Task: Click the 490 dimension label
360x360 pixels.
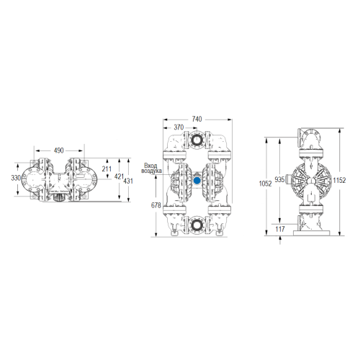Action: (x=58, y=150)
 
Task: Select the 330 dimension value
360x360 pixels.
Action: (x=16, y=178)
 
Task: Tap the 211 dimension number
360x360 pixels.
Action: (x=107, y=169)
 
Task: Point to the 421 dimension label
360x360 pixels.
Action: (x=119, y=176)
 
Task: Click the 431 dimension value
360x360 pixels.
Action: (x=128, y=181)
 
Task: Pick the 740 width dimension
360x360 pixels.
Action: (x=197, y=119)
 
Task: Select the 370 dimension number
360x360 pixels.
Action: (x=179, y=127)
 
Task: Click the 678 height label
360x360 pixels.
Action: (x=156, y=205)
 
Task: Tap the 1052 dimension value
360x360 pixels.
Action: (x=265, y=184)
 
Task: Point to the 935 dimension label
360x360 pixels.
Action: (x=279, y=179)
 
